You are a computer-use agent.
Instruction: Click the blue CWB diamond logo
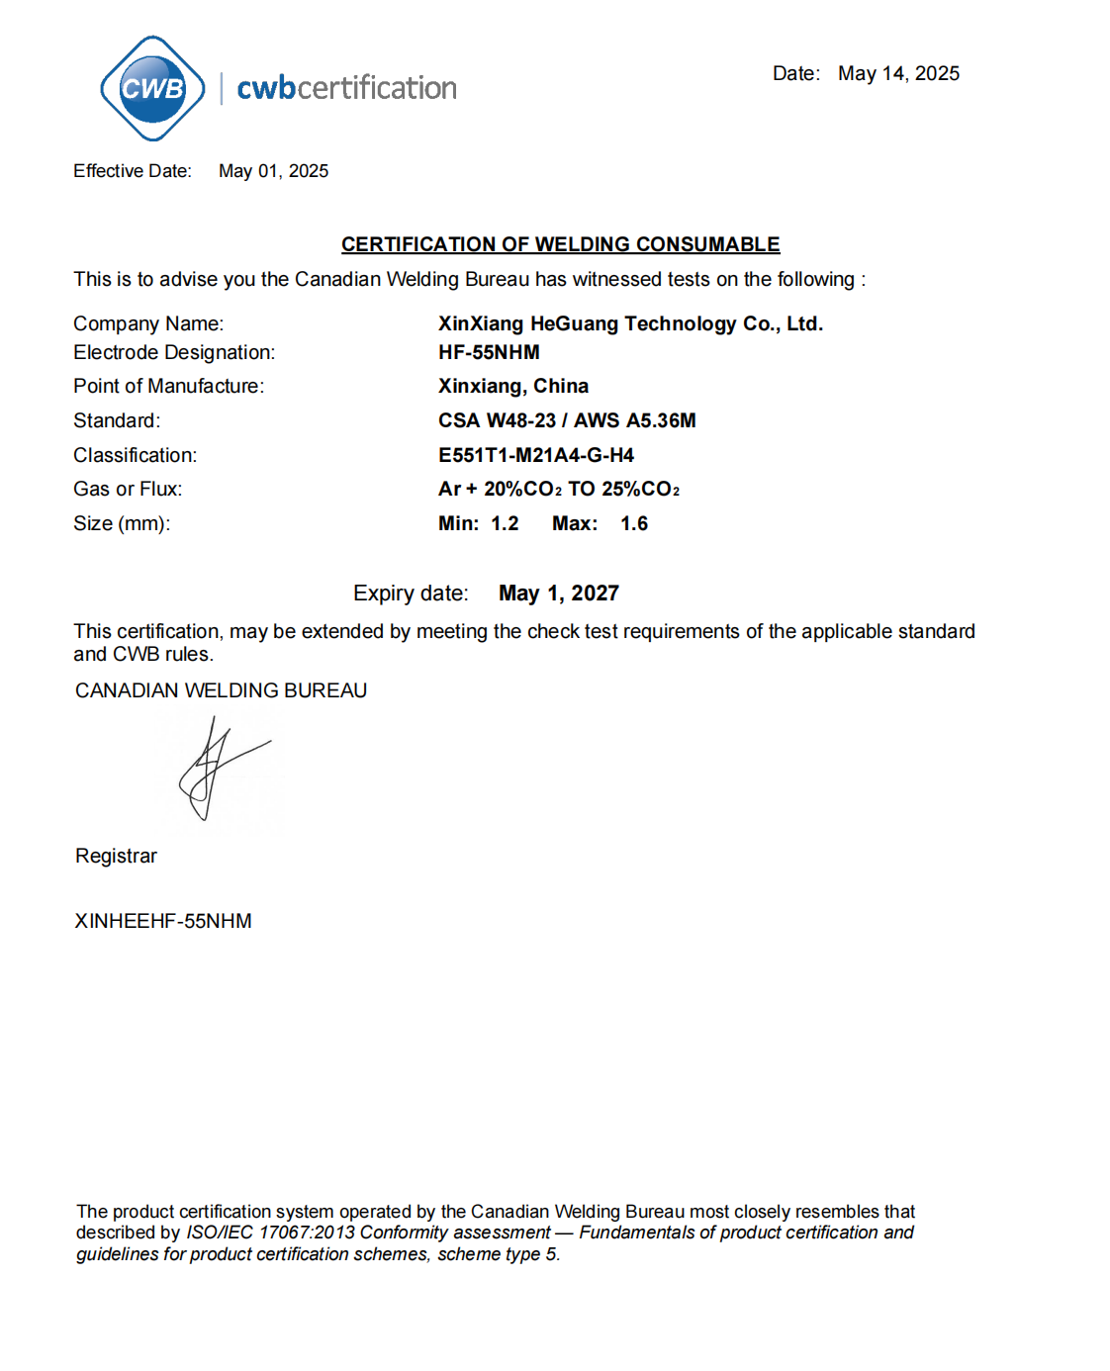pyautogui.click(x=152, y=88)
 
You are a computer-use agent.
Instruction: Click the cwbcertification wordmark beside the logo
pyautogui.click(x=346, y=88)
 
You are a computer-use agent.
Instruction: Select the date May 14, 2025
pyautogui.click(x=898, y=73)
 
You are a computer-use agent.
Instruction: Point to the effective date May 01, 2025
pyautogui.click(x=273, y=171)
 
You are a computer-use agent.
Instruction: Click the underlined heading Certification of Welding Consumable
pyautogui.click(x=560, y=244)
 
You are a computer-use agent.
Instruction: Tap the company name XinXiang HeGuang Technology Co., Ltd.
pyautogui.click(x=630, y=323)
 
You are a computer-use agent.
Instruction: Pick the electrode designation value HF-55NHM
pyautogui.click(x=489, y=352)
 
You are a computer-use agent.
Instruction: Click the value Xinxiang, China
pyautogui.click(x=512, y=386)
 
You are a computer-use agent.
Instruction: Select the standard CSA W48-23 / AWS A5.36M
pyautogui.click(x=567, y=420)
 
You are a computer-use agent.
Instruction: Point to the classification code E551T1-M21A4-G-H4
pyautogui.click(x=535, y=455)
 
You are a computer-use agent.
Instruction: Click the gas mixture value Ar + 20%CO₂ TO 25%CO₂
pyautogui.click(x=558, y=489)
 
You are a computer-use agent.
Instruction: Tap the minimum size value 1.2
pyautogui.click(x=505, y=523)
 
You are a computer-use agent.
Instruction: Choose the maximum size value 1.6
pyautogui.click(x=634, y=523)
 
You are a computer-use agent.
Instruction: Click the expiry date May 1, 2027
pyautogui.click(x=558, y=594)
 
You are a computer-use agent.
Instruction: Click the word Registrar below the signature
pyautogui.click(x=116, y=856)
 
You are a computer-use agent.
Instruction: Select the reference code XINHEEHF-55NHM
pyautogui.click(x=163, y=921)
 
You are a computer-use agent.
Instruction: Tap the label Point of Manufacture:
pyautogui.click(x=168, y=386)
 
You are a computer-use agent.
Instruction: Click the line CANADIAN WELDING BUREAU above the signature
pyautogui.click(x=221, y=690)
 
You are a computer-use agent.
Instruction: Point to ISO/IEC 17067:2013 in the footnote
pyautogui.click(x=270, y=1233)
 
